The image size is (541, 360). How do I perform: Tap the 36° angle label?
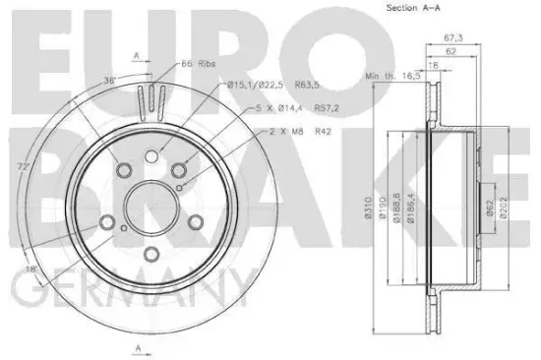click(110, 81)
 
